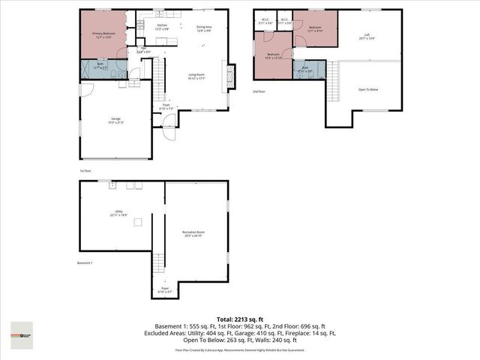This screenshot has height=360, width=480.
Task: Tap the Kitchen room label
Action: [x=161, y=27]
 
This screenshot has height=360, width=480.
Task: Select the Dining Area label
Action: [x=204, y=28]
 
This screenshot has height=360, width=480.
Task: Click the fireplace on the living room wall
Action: [x=230, y=77]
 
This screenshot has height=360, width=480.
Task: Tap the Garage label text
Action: [x=115, y=120]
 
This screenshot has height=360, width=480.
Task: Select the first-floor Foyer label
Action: [x=166, y=106]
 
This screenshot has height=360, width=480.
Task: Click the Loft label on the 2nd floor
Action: [x=367, y=36]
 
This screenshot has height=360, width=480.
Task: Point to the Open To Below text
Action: [x=368, y=88]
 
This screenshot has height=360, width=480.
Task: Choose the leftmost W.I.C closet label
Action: [x=265, y=21]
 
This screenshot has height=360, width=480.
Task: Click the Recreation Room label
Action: [x=193, y=233]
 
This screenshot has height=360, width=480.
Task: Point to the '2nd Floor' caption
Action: [x=259, y=91]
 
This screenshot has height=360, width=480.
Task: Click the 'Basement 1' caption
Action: [x=86, y=262]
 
